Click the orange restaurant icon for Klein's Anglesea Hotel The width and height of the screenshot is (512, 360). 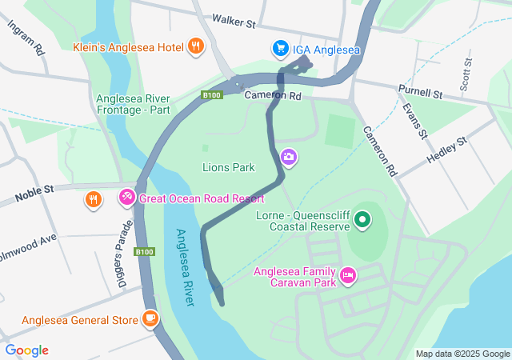(x=195, y=46)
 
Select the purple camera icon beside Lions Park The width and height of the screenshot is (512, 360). (x=289, y=159)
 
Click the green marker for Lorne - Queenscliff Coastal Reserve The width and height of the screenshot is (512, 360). (x=362, y=218)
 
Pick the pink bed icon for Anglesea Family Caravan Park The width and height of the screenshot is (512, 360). (x=347, y=276)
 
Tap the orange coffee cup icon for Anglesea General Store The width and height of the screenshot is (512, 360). (x=150, y=319)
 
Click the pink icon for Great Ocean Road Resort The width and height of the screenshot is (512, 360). (x=126, y=197)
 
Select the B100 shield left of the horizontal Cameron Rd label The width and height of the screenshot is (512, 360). (x=210, y=96)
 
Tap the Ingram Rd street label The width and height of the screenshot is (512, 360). (x=26, y=37)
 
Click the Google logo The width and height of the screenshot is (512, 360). (x=26, y=350)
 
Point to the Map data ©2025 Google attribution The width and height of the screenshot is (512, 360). (x=462, y=354)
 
